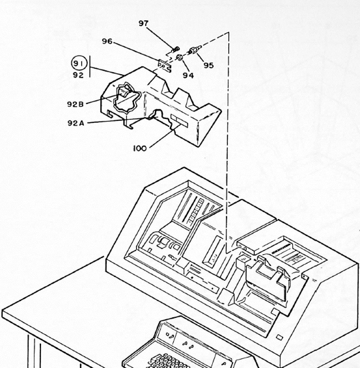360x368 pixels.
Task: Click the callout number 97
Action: click(x=143, y=23)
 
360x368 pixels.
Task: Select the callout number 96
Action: click(x=107, y=41)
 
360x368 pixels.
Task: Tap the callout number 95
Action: click(x=209, y=65)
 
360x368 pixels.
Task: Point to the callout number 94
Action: click(x=188, y=75)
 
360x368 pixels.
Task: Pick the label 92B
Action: click(x=76, y=104)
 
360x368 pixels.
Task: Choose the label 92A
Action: click(x=76, y=123)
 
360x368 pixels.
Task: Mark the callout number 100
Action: click(x=140, y=148)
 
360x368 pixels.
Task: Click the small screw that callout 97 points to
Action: click(x=176, y=49)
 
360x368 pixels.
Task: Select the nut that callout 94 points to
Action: click(x=180, y=57)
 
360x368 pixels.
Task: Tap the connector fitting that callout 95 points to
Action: click(x=195, y=50)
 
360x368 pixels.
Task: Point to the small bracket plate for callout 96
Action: click(x=165, y=66)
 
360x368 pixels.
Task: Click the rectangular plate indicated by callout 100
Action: click(x=179, y=121)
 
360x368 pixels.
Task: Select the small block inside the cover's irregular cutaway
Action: click(x=124, y=91)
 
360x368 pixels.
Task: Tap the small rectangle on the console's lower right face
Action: click(x=279, y=337)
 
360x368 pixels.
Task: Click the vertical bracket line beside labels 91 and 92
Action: click(x=90, y=66)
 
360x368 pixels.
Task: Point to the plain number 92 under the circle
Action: click(x=78, y=75)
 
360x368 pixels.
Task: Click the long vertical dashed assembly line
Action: click(x=227, y=142)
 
